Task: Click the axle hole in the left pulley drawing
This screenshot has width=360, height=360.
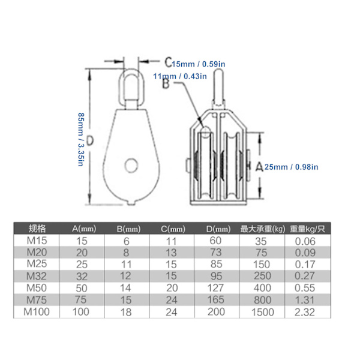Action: pos(131,165)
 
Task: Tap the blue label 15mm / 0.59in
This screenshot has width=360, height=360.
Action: pos(199,64)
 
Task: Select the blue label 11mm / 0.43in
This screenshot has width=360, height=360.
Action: pos(180,76)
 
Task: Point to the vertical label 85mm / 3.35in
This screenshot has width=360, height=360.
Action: pos(81,139)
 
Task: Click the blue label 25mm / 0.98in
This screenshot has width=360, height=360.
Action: pos(292,167)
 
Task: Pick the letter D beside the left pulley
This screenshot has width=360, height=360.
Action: pos(90,140)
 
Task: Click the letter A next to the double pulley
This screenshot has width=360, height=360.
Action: pos(259,166)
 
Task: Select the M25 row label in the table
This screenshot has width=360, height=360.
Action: pos(37,264)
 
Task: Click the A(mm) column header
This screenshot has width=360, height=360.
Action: pos(84,229)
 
